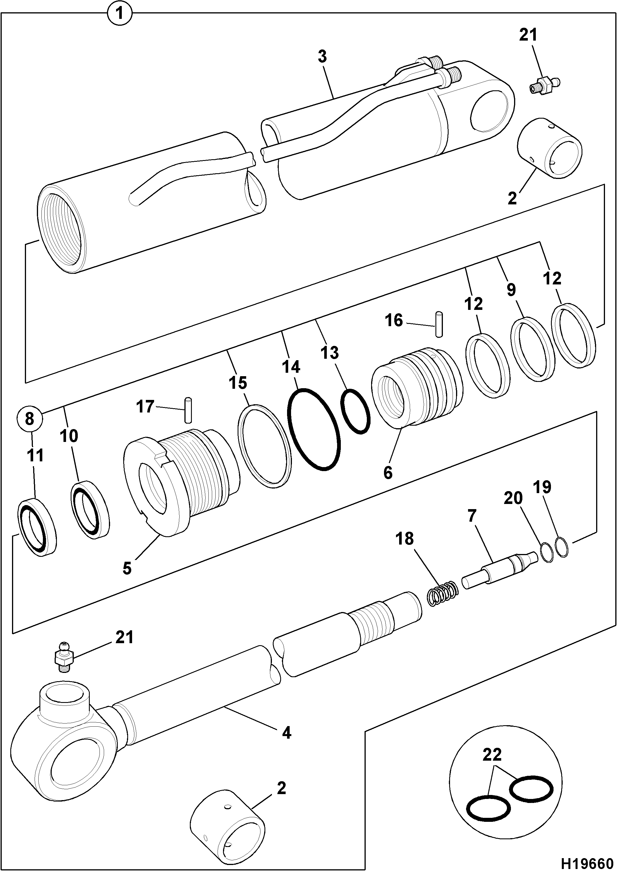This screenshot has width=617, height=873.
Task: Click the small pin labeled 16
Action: point(439,324)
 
